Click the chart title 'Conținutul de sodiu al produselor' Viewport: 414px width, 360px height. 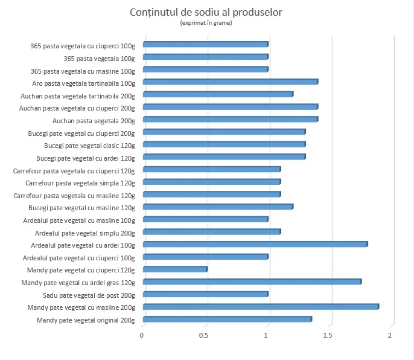[206, 13]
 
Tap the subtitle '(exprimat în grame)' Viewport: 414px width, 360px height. [206, 23]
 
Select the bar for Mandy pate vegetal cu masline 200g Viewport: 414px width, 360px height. [261, 307]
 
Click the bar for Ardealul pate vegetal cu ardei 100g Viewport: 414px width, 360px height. [255, 244]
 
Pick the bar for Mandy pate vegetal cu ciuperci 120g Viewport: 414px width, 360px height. [175, 269]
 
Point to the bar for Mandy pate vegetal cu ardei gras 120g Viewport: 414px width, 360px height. [252, 281]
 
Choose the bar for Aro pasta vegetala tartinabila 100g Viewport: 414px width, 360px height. [231, 82]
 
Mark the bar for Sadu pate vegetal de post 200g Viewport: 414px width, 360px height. [206, 294]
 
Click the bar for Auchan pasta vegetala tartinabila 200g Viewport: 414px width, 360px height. [218, 94]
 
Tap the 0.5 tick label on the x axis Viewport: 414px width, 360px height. [205, 335]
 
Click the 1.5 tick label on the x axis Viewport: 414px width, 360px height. [329, 335]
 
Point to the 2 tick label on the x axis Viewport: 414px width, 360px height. [390, 335]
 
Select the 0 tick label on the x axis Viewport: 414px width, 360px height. [142, 335]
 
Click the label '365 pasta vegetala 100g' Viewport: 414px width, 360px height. [99, 58]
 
